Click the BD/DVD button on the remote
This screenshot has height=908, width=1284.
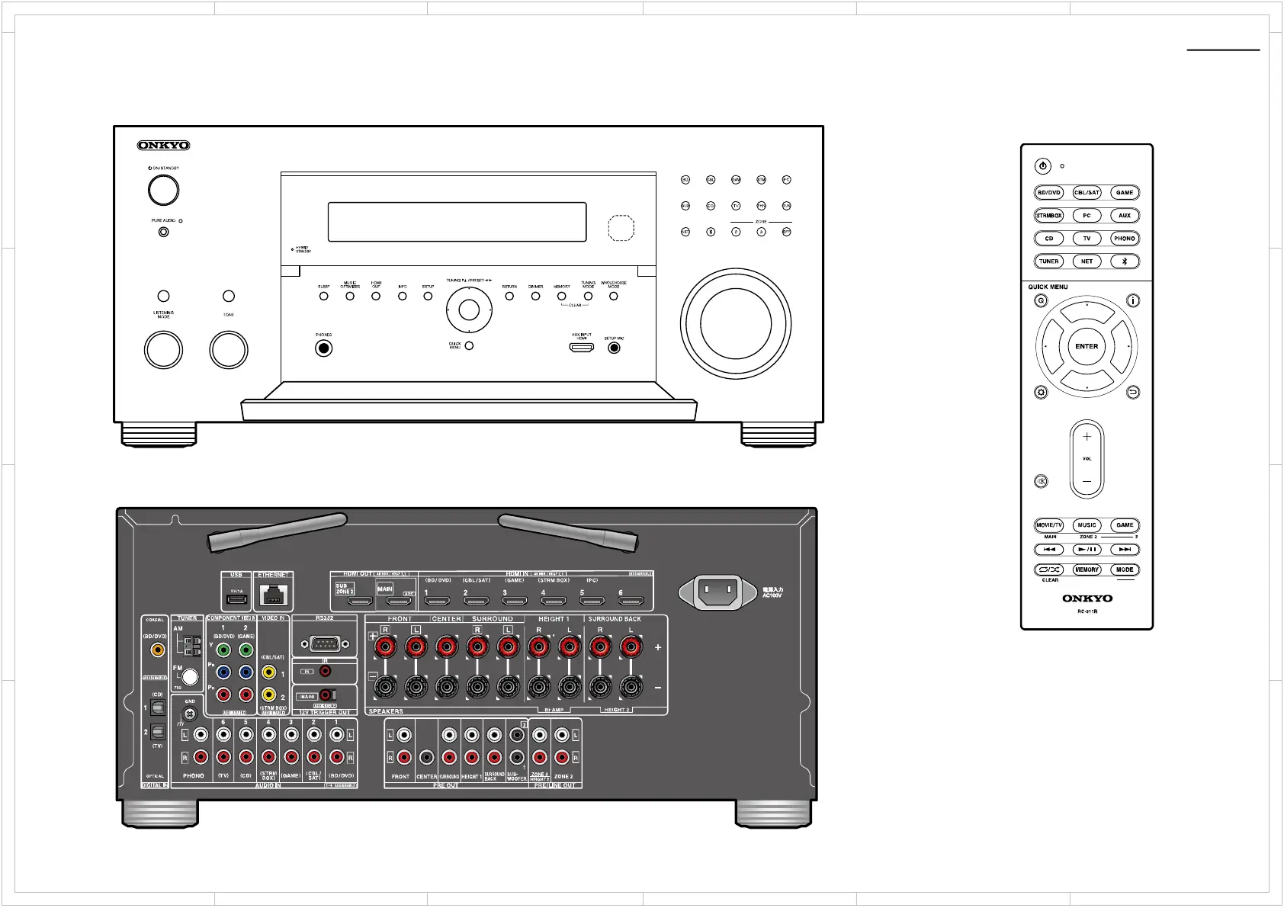(1049, 193)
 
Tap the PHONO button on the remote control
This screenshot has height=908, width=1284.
(1124, 239)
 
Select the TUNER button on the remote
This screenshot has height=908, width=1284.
(1049, 261)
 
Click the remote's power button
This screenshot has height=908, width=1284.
(1042, 166)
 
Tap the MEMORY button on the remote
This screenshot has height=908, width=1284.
(1087, 570)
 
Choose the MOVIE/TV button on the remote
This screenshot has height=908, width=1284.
(1049, 525)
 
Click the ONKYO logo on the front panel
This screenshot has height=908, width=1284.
(163, 145)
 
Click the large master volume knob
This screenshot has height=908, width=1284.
(735, 323)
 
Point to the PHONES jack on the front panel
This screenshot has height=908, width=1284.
(324, 348)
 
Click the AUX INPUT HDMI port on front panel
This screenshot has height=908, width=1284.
(582, 348)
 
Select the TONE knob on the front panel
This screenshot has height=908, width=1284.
(229, 350)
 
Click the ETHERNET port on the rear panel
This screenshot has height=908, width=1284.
(273, 595)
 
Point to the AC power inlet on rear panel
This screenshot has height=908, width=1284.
(720, 591)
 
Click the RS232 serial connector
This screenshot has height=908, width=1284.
(324, 644)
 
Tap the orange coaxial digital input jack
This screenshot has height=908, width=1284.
(157, 650)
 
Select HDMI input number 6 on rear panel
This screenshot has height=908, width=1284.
(630, 602)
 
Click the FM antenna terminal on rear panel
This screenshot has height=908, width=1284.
(190, 676)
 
